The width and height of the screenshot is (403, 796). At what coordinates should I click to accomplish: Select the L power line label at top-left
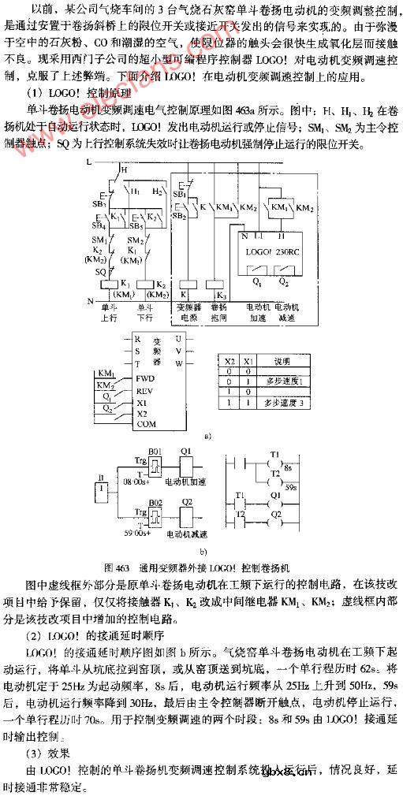(89, 159)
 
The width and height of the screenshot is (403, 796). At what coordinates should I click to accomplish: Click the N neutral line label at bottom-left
(89, 300)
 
